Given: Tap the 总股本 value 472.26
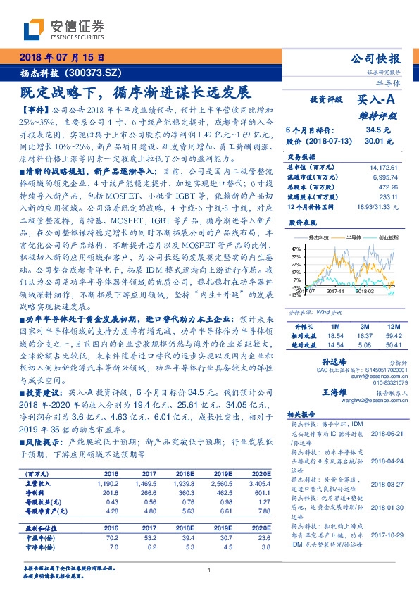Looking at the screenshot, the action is click(388, 188).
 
